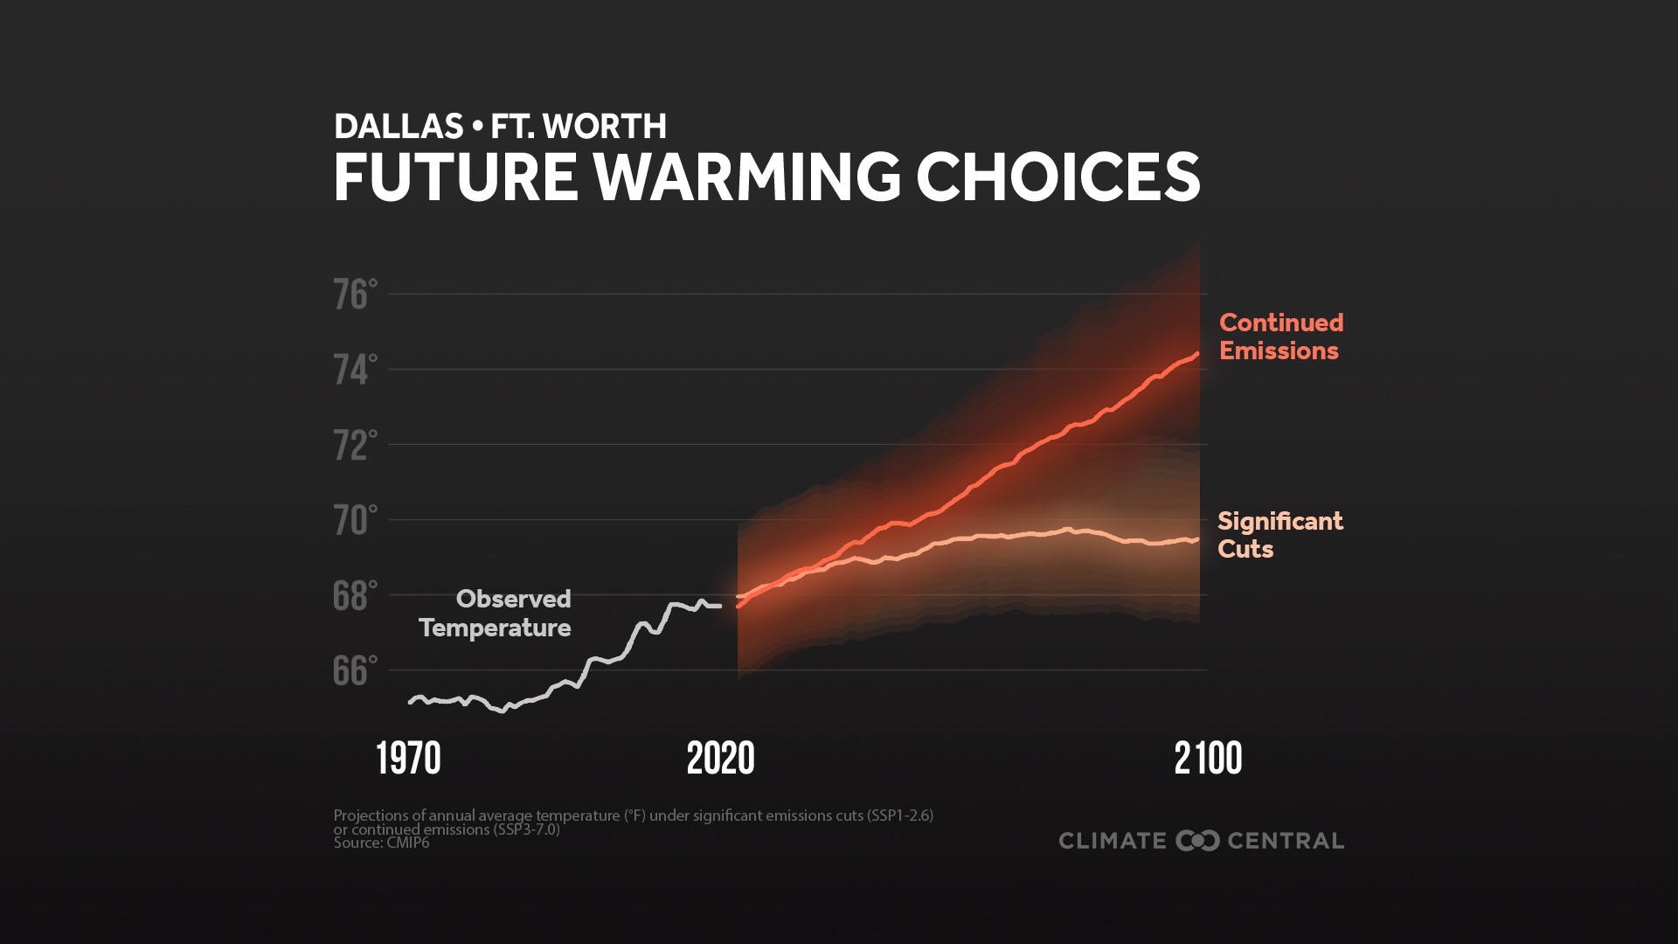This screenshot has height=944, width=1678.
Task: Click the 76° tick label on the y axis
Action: (x=355, y=295)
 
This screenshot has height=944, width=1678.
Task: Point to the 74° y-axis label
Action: (x=355, y=371)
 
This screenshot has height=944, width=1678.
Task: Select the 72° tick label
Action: (x=355, y=446)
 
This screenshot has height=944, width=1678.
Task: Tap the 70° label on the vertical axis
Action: (x=355, y=521)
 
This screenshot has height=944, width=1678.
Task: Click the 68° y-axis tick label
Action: (x=355, y=596)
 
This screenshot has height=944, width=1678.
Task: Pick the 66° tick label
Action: (x=355, y=671)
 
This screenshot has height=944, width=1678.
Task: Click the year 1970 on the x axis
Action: (x=408, y=759)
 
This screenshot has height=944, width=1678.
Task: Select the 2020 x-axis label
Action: (x=720, y=759)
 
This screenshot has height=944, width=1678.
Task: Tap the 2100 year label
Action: (x=1208, y=759)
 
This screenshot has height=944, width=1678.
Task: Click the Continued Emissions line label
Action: (x=1280, y=337)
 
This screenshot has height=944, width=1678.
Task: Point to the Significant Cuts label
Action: (x=1279, y=535)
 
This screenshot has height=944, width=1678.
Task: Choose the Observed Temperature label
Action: (x=496, y=613)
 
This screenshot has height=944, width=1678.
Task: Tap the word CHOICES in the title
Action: (x=1057, y=177)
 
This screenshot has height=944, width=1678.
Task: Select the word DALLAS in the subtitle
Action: (x=399, y=127)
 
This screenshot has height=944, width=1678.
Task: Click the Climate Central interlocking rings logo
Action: (x=1197, y=841)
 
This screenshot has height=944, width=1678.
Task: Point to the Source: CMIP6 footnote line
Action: (x=381, y=843)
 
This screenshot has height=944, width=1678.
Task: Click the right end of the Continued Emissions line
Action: (x=1196, y=354)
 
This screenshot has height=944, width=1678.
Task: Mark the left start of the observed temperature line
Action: (x=410, y=702)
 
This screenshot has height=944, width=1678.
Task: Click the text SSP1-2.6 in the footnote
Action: (x=899, y=816)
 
